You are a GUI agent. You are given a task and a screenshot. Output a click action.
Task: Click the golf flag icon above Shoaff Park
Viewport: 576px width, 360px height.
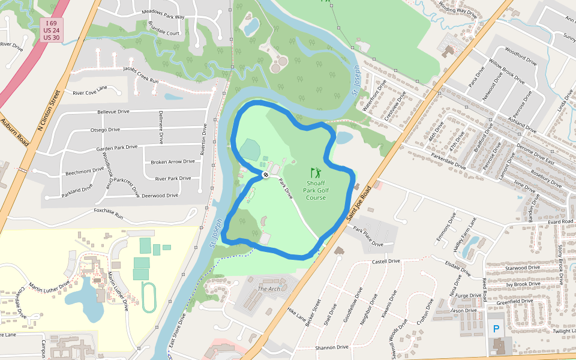[x=316, y=173]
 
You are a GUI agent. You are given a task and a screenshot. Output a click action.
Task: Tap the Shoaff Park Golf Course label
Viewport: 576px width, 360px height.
[x=316, y=190]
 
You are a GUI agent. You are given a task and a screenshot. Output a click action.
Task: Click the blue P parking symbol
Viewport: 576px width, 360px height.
[x=496, y=329]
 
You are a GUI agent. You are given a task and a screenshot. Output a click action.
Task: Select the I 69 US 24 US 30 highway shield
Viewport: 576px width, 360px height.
[x=52, y=30]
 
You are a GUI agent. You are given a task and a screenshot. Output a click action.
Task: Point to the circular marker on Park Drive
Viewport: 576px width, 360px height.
[x=265, y=175]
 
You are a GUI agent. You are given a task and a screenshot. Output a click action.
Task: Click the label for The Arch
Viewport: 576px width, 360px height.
[x=269, y=289]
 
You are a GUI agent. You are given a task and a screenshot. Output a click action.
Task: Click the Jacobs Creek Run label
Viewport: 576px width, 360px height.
[x=141, y=74]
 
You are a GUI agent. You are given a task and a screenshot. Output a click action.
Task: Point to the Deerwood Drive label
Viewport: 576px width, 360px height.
[x=160, y=196]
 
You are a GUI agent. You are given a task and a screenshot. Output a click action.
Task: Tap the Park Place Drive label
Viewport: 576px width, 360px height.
[x=368, y=236]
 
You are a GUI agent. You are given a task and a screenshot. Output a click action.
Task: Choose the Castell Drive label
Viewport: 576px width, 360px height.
[x=386, y=262]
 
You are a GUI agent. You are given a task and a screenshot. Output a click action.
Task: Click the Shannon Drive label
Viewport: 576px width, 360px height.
[x=332, y=347]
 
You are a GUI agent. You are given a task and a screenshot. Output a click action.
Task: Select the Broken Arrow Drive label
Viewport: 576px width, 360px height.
[x=173, y=161]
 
